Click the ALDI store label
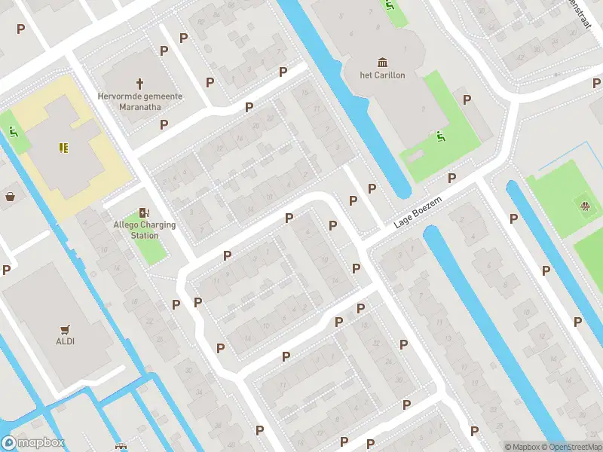[x=65, y=341]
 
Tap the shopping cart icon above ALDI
[x=65, y=329]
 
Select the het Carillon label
[x=382, y=75]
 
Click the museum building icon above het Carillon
[x=382, y=62]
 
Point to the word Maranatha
[x=139, y=107]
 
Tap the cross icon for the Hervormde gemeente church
[x=139, y=83]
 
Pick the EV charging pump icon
[x=143, y=213]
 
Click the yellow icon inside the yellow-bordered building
[x=64, y=147]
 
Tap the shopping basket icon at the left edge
[x=11, y=197]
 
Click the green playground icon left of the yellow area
[x=14, y=132]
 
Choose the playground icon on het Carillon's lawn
[x=440, y=136]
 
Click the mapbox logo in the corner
[x=33, y=443]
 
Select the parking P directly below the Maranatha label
[x=164, y=124]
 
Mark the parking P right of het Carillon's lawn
[x=467, y=99]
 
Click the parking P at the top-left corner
[x=20, y=29]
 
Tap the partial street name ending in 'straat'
[x=581, y=14]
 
